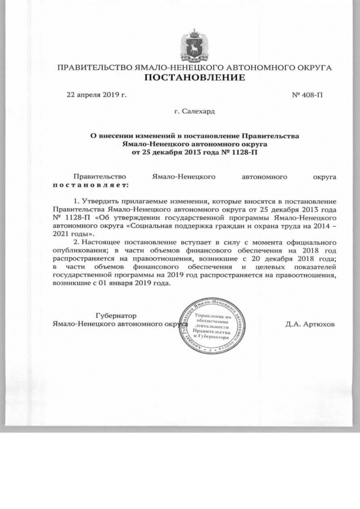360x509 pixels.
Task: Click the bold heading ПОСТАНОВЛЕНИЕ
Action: pyautogui.click(x=195, y=77)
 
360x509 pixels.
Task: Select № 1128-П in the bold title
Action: pyautogui.click(x=241, y=151)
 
